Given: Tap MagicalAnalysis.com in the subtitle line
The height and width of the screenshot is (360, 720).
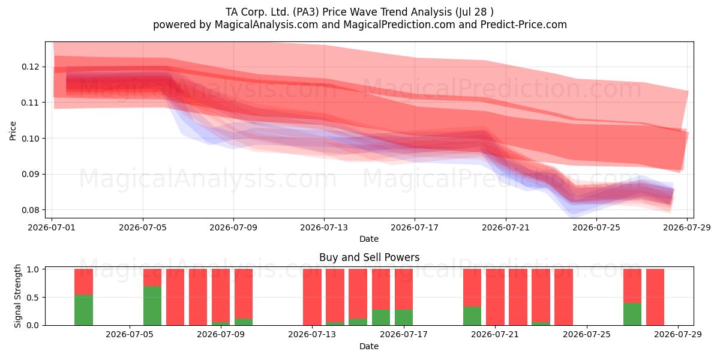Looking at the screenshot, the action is [266, 25].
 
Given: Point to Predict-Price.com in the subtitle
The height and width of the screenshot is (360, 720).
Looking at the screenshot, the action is [524, 25].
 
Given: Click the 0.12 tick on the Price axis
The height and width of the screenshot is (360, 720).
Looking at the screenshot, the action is [30, 67].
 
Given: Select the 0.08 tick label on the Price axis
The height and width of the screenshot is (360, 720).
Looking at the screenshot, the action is [30, 210].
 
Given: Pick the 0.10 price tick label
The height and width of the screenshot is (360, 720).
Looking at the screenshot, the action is [30, 139].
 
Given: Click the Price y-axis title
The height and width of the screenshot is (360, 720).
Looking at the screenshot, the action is [13, 131].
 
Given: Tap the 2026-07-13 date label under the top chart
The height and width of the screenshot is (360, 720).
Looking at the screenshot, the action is [324, 227].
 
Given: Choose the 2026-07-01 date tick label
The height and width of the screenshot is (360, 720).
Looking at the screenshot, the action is [52, 227].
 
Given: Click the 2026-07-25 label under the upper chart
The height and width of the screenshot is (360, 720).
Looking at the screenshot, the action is [596, 227].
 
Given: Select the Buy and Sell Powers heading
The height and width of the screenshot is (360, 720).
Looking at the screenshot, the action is [370, 257].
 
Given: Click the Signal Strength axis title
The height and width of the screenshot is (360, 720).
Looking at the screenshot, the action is [17, 296].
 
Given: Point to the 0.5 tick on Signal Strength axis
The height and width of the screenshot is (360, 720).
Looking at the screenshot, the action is [33, 298].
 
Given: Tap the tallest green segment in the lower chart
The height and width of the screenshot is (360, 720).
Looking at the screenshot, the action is [152, 305].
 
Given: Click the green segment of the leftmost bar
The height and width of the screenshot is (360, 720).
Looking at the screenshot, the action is [83, 310].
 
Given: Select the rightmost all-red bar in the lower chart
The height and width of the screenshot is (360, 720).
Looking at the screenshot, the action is [655, 297].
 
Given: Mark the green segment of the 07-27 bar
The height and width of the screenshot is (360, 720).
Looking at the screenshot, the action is [632, 314].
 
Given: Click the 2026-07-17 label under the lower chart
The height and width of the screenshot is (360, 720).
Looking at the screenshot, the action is [404, 335].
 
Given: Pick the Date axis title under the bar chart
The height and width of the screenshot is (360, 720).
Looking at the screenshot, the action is [369, 346].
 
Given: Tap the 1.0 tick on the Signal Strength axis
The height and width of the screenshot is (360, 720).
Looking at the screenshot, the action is [33, 269].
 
